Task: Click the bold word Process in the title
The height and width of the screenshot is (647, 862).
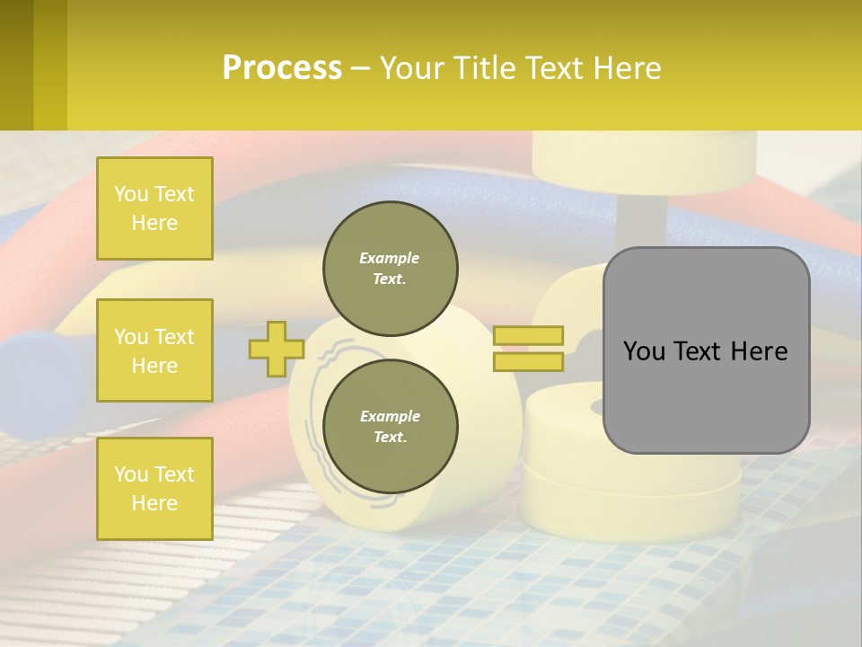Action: pos(282,68)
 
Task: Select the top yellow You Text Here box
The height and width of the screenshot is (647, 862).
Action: pos(154,208)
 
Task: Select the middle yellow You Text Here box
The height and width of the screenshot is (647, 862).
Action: pos(154,350)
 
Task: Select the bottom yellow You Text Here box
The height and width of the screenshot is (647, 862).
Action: pos(154,488)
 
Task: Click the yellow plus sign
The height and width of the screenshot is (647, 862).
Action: pos(276,349)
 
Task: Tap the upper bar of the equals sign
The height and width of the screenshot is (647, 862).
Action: pos(528,336)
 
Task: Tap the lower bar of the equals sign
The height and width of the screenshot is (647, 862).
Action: pos(528,362)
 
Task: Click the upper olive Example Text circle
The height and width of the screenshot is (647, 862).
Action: pos(390,268)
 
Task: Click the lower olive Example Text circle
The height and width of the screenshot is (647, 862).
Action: pos(390,426)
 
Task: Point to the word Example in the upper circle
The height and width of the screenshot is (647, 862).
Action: pos(390,258)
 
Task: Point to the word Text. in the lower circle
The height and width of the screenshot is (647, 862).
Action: pos(390,437)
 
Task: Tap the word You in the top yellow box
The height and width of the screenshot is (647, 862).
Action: pos(131,194)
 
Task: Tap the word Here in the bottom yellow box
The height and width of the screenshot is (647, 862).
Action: pos(154,503)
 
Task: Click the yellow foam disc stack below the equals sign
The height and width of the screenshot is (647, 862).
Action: pos(629,467)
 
